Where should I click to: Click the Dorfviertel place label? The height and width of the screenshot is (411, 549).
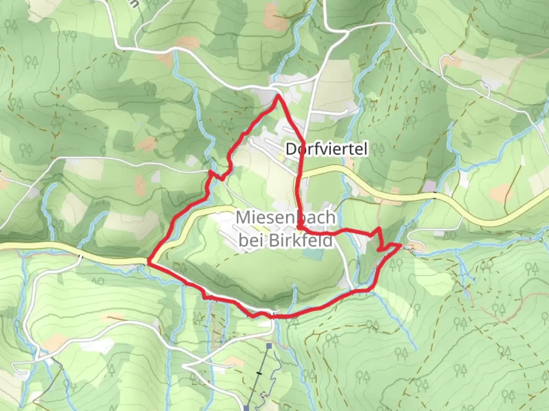327,149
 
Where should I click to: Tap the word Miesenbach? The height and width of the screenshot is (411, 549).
286,218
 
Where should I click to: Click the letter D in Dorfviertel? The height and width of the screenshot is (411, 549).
291,149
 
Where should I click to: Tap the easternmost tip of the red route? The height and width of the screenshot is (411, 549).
400,245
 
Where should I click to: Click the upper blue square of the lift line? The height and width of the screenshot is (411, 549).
269,346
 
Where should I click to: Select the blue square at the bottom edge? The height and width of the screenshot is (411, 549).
247,408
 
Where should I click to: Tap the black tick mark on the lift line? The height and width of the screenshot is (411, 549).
259,373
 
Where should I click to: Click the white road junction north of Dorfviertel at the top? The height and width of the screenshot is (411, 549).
348,32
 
